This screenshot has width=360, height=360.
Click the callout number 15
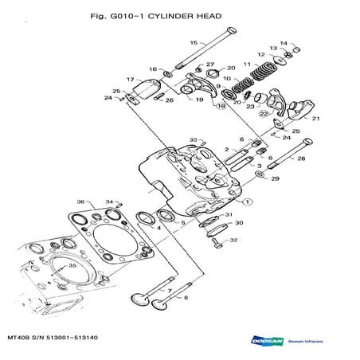coord(192,42)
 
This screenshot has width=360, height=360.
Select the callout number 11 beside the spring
coord(248,64)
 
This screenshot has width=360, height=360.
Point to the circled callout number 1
coord(247,202)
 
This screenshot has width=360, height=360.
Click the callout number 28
coord(301,159)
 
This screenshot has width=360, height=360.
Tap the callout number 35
coord(72,265)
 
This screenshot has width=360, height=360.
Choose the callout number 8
coord(186,298)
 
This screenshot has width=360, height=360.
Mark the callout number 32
coord(233,240)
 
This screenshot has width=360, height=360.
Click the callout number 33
coord(193,139)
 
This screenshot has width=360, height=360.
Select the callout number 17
coord(130,80)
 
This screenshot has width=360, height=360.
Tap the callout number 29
coord(276,180)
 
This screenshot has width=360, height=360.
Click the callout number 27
coord(210,64)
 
